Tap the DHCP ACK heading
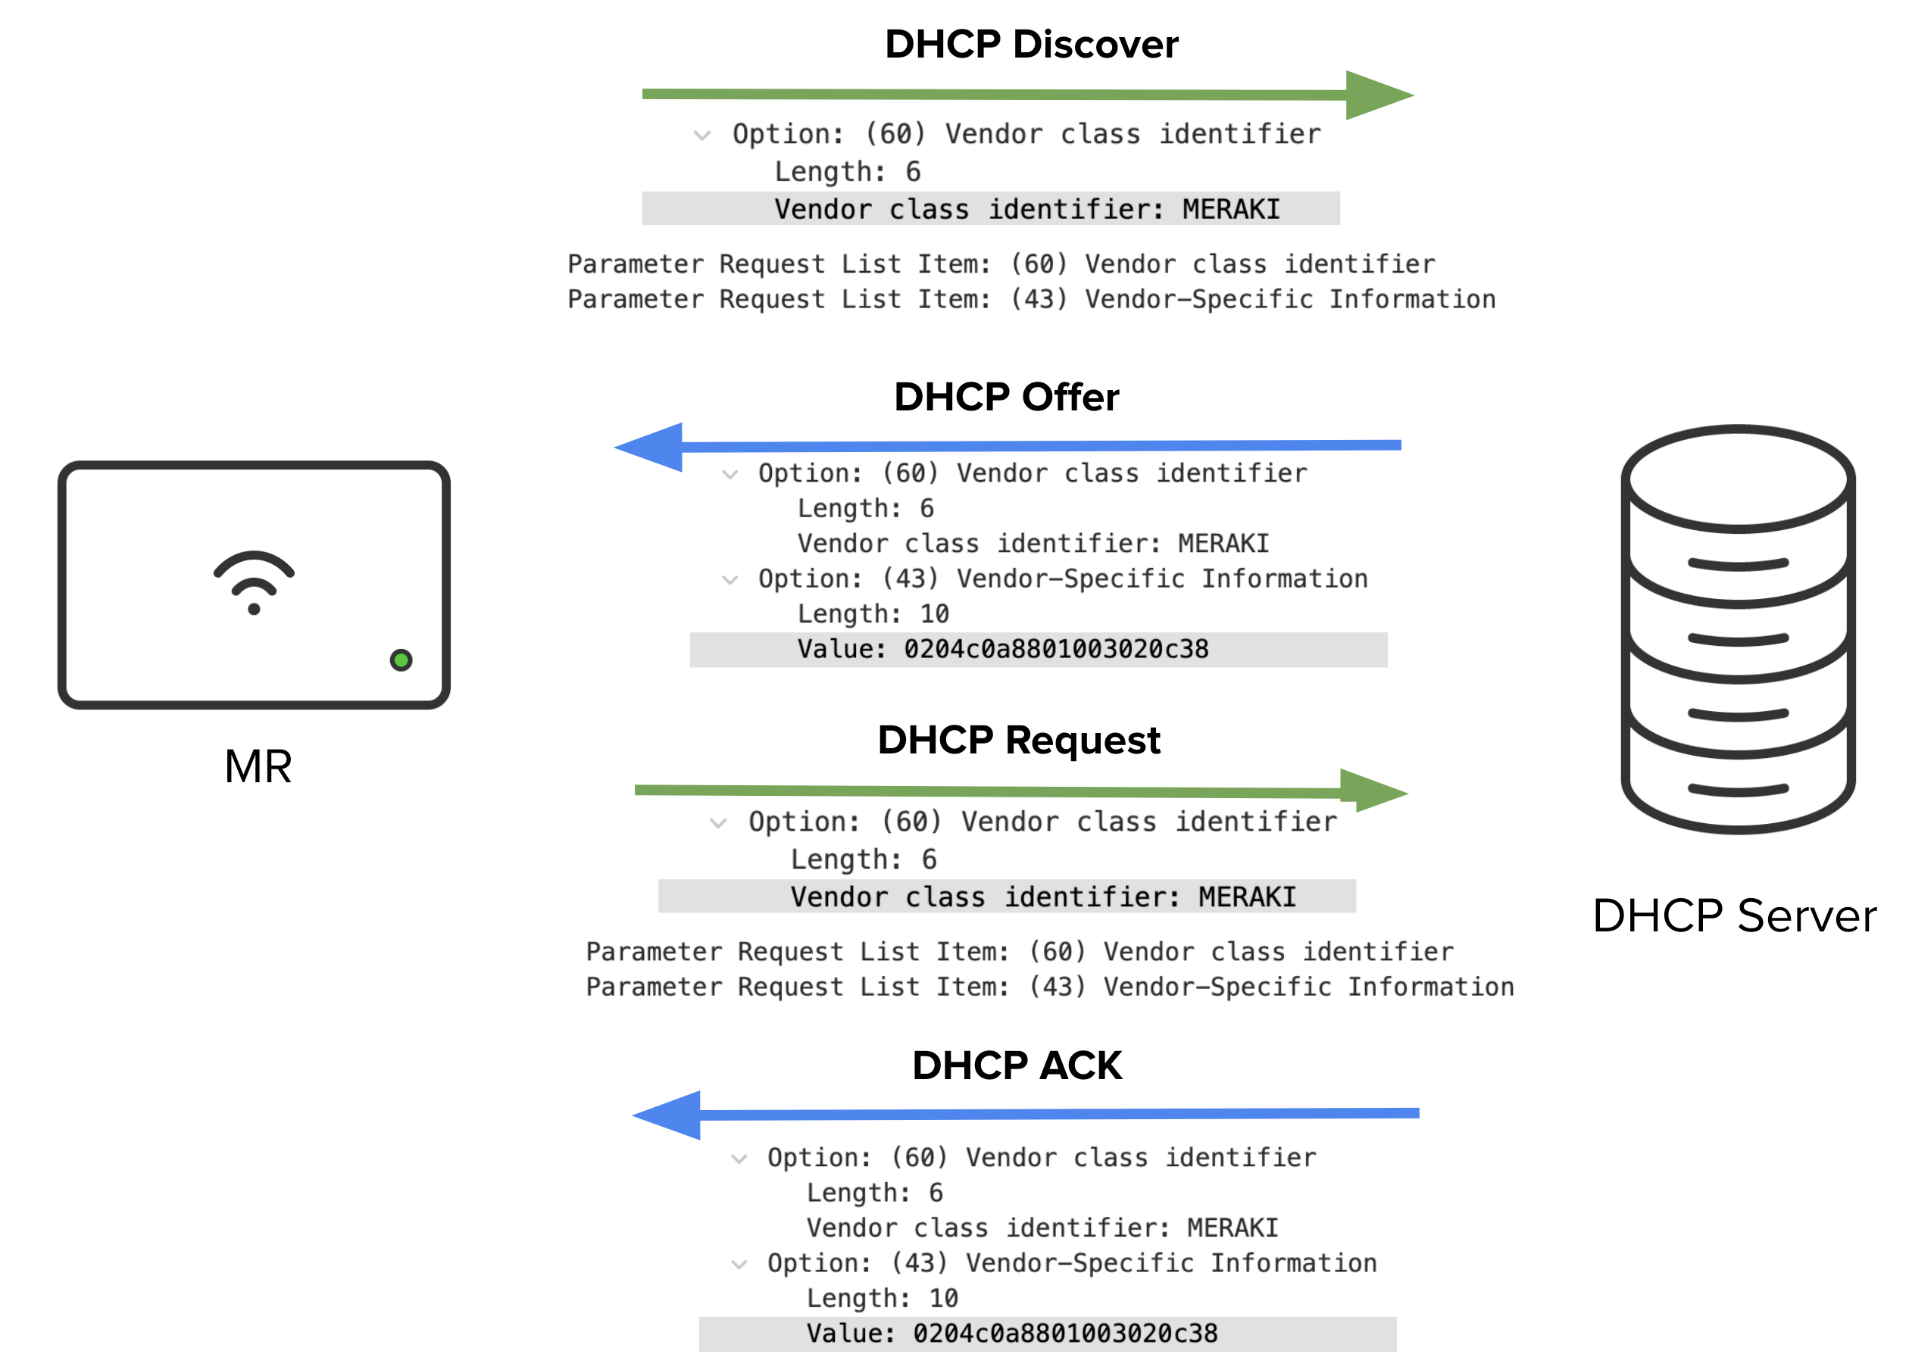pos(1016,1065)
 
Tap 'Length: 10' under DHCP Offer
pos(872,614)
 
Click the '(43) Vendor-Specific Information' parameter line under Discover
pos(1030,299)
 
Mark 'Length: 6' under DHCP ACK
pos(873,1193)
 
